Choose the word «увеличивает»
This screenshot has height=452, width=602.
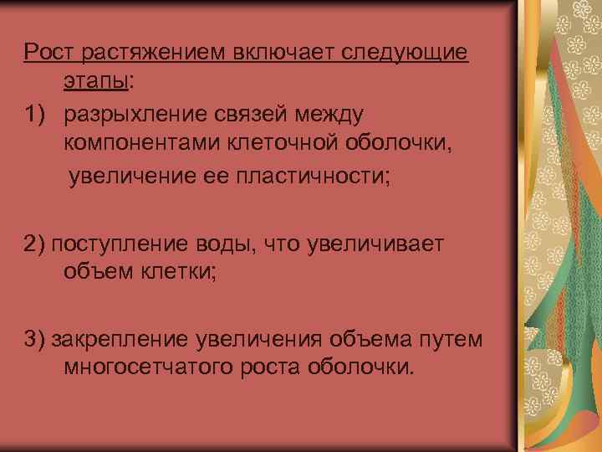376,244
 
